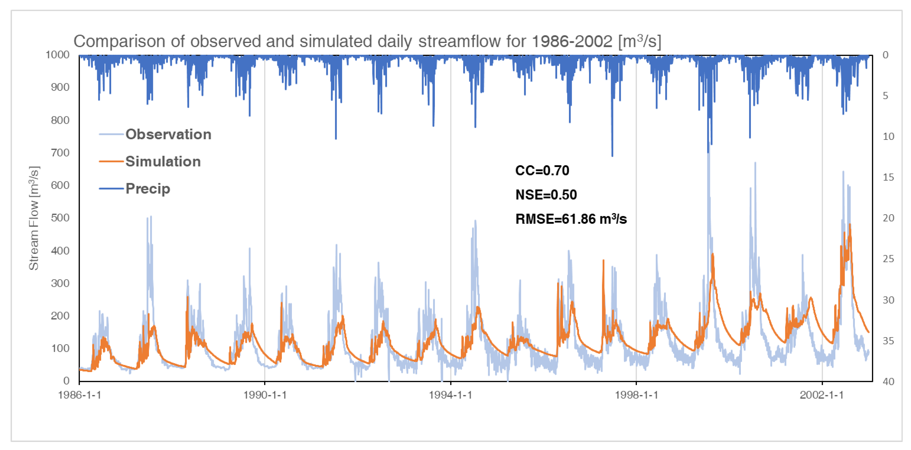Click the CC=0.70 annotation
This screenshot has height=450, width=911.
(542, 171)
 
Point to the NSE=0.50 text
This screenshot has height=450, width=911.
(546, 195)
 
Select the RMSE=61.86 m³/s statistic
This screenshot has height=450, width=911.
(570, 219)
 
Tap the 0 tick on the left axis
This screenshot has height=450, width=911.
(66, 381)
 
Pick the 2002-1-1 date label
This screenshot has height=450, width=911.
(822, 395)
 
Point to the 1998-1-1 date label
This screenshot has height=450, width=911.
(636, 395)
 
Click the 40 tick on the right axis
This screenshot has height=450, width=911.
(888, 382)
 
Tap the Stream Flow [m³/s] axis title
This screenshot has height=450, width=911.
(34, 218)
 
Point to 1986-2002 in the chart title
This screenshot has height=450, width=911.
(572, 41)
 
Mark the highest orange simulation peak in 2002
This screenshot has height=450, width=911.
(849, 225)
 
